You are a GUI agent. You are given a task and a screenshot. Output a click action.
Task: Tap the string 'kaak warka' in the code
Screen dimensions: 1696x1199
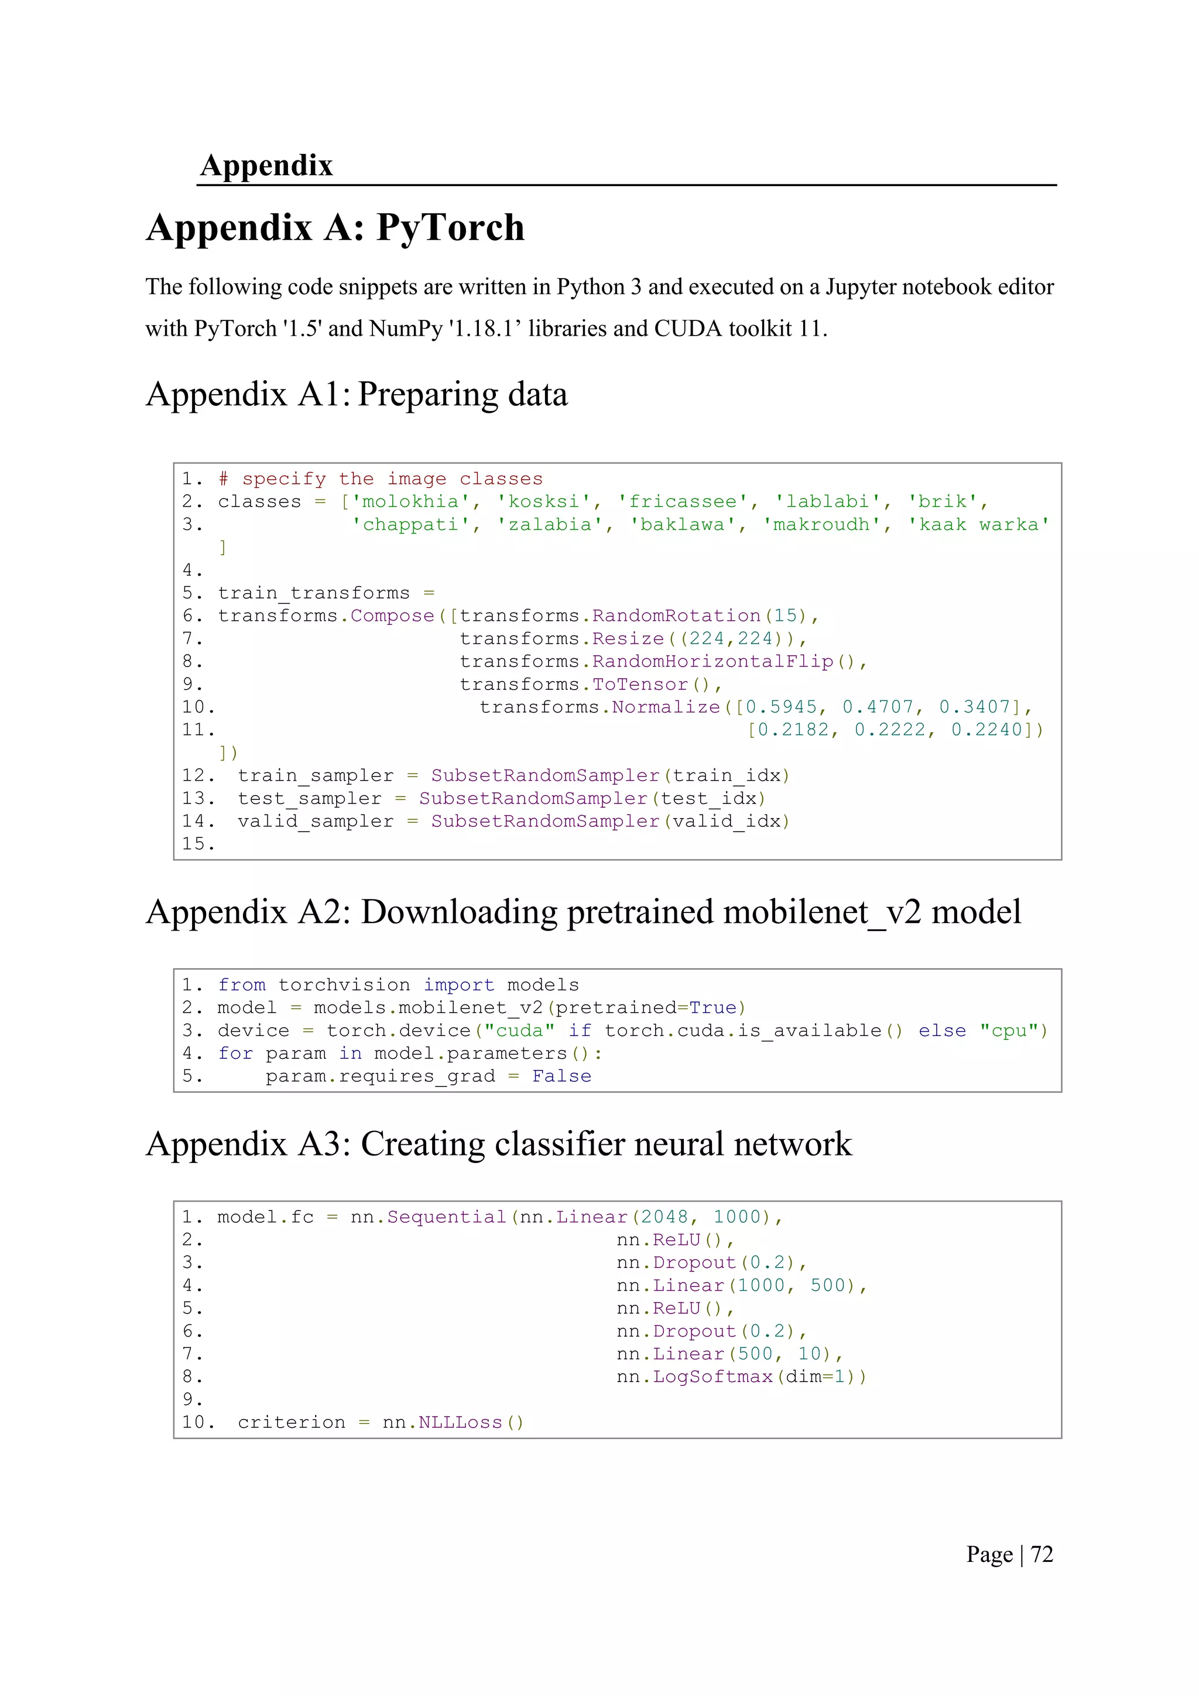tap(978, 525)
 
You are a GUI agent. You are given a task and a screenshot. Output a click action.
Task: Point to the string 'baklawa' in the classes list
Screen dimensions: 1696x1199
tap(682, 525)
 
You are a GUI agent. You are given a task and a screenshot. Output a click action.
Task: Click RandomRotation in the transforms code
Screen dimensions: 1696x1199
tap(676, 616)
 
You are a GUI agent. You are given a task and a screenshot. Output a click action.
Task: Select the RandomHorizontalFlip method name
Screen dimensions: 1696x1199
tap(712, 662)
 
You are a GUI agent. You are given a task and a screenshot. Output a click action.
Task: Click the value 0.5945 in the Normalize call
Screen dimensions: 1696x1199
tap(781, 707)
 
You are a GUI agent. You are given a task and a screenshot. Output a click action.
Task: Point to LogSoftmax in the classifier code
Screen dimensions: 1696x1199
tap(712, 1377)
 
